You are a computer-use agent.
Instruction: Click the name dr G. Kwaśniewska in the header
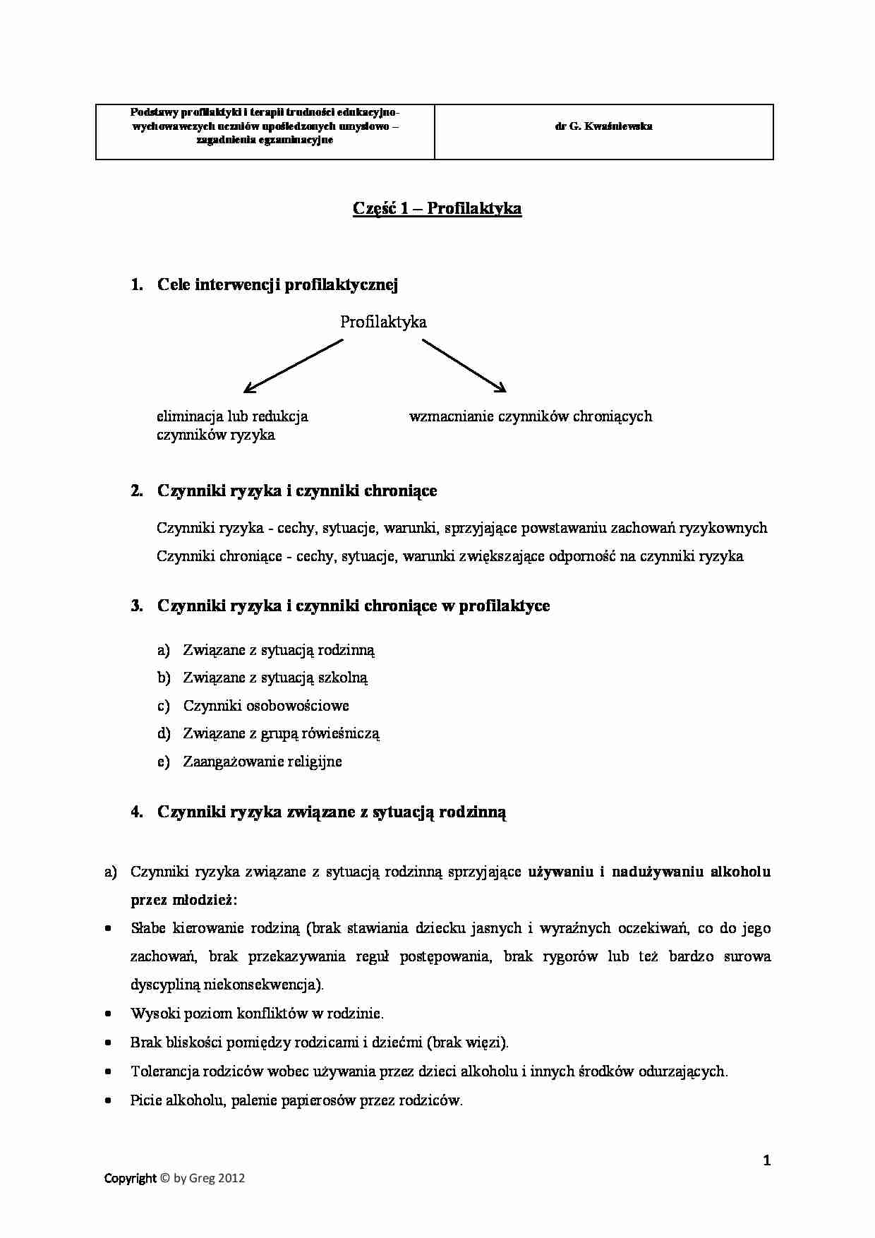pos(603,126)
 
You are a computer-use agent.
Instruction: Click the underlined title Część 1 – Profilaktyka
pos(437,208)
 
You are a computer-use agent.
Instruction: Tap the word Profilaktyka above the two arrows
pos(383,322)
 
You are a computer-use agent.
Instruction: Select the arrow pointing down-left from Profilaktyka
pos(293,366)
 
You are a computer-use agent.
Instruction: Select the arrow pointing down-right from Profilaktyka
pos(464,365)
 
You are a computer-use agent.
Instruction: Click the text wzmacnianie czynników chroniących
pos(530,416)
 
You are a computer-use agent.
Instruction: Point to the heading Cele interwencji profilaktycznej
pos(277,284)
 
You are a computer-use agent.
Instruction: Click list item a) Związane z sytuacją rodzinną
pos(279,649)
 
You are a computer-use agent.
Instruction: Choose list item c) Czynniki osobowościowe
pos(266,705)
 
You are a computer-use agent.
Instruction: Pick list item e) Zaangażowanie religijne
pos(262,761)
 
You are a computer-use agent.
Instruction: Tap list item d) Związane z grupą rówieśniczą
pos(281,733)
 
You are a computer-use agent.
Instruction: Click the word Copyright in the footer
pos(130,1178)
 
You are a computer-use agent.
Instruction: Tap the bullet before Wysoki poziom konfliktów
pos(108,1014)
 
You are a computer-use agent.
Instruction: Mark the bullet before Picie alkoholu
pos(108,1100)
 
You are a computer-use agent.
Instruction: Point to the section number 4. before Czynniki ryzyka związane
pos(137,812)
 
